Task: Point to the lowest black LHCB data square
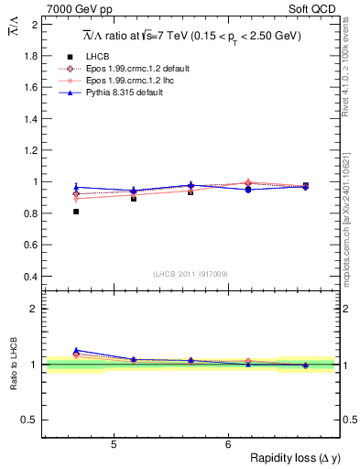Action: [76, 212]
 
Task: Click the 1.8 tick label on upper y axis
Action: [31, 56]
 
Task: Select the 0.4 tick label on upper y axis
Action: [31, 276]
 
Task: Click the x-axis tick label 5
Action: [113, 444]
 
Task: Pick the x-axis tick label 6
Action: [227, 444]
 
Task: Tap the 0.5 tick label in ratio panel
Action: [31, 420]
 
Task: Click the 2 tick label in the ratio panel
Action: [35, 309]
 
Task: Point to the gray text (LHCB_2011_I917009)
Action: [191, 273]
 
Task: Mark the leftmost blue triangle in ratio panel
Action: [76, 350]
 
